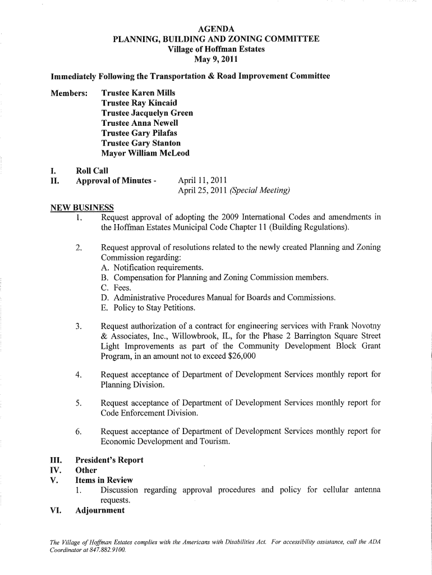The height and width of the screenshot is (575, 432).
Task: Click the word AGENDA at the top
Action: point(217,29)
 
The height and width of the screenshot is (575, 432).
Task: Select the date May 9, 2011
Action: point(217,59)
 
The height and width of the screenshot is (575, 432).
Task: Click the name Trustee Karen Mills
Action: point(138,93)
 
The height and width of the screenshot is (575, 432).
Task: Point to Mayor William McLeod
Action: point(145,153)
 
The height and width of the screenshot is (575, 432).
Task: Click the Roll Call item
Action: point(92,170)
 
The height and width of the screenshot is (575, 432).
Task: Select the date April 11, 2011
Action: point(202,180)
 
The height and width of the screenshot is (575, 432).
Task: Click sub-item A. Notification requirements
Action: point(152,267)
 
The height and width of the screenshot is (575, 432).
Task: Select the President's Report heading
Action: point(109,460)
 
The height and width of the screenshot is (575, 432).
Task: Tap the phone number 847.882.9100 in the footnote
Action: point(110,550)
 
